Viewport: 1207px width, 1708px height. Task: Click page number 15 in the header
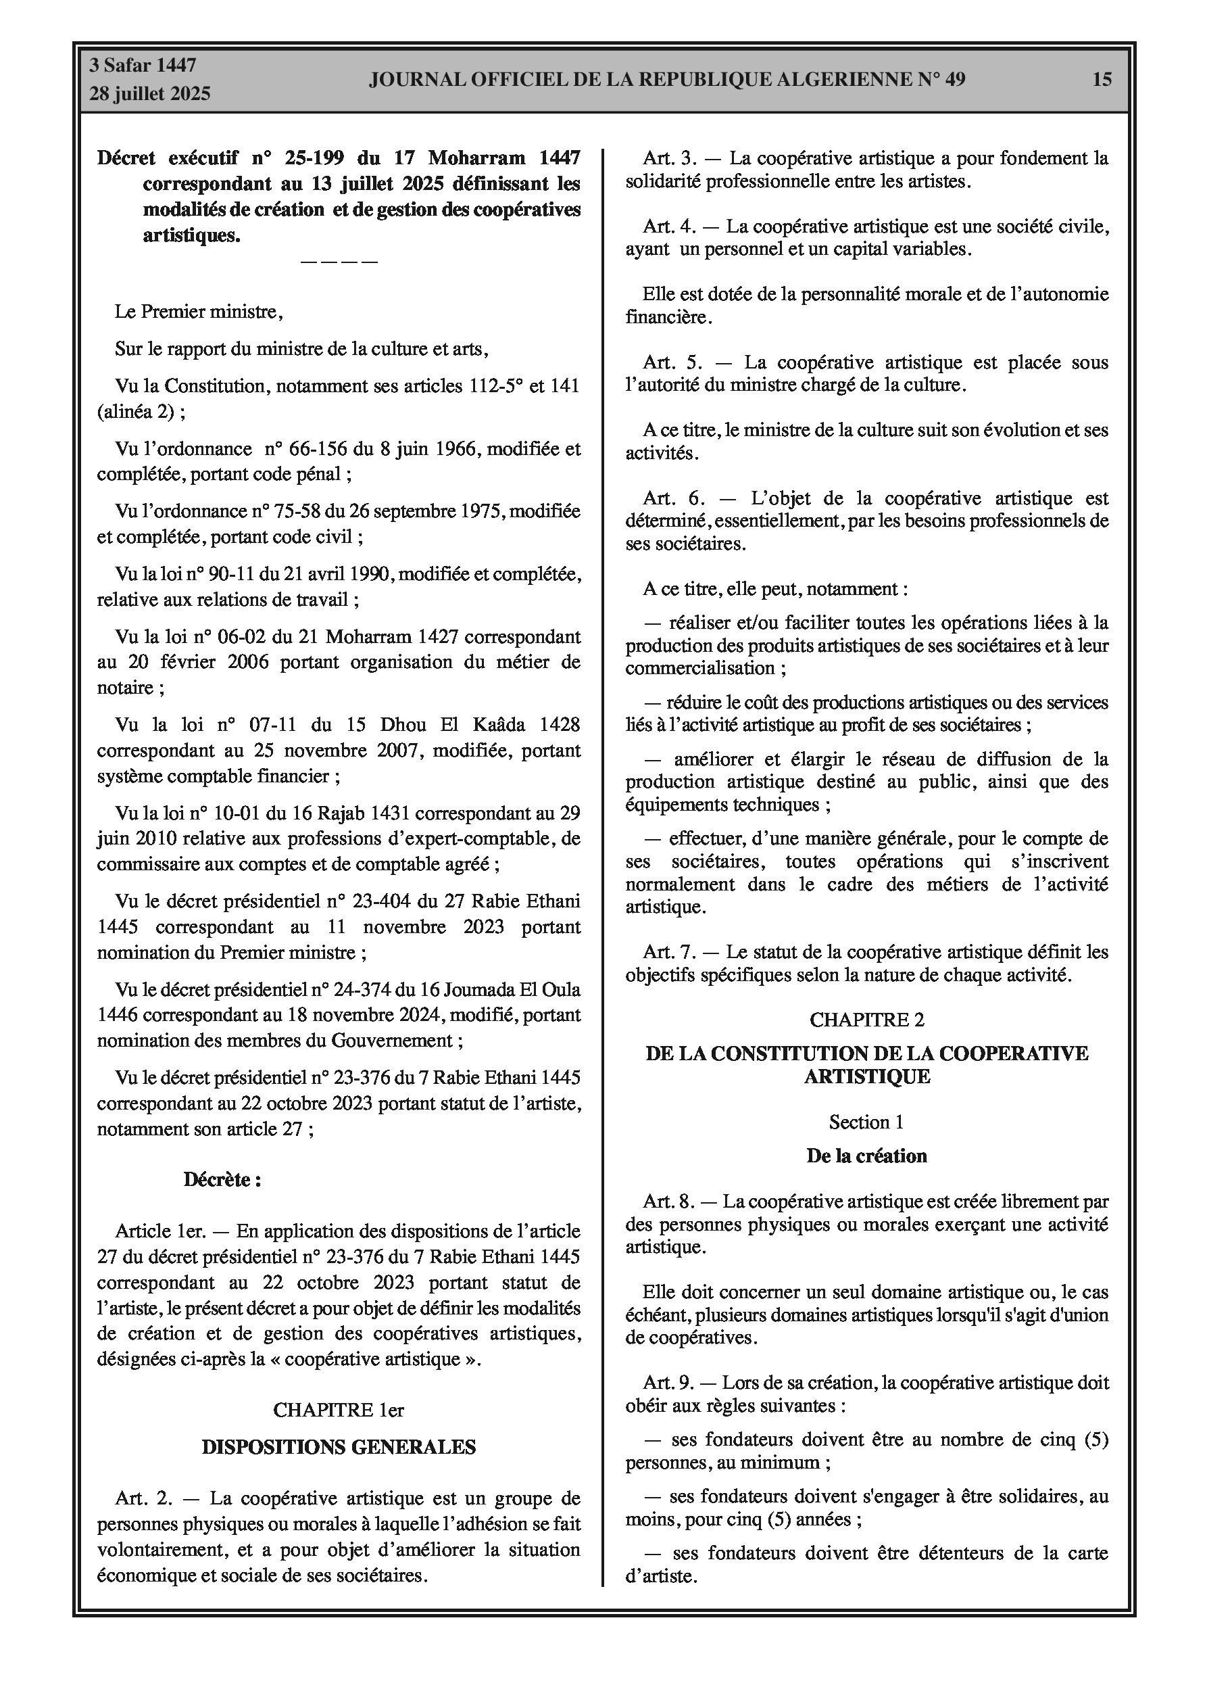pyautogui.click(x=1102, y=79)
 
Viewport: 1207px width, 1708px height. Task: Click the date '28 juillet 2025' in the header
pyautogui.click(x=150, y=94)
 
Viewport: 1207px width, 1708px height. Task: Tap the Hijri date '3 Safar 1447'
pyautogui.click(x=143, y=66)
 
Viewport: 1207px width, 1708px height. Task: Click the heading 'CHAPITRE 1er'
pyautogui.click(x=339, y=1410)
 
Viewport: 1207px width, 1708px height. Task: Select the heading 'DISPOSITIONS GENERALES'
pyautogui.click(x=339, y=1447)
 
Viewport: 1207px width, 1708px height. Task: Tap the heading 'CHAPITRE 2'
pyautogui.click(x=866, y=1020)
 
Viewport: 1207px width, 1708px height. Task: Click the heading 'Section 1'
pyautogui.click(x=866, y=1122)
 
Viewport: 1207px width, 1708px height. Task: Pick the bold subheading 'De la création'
pyautogui.click(x=866, y=1156)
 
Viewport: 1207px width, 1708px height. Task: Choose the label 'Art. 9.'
pyautogui.click(x=668, y=1383)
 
